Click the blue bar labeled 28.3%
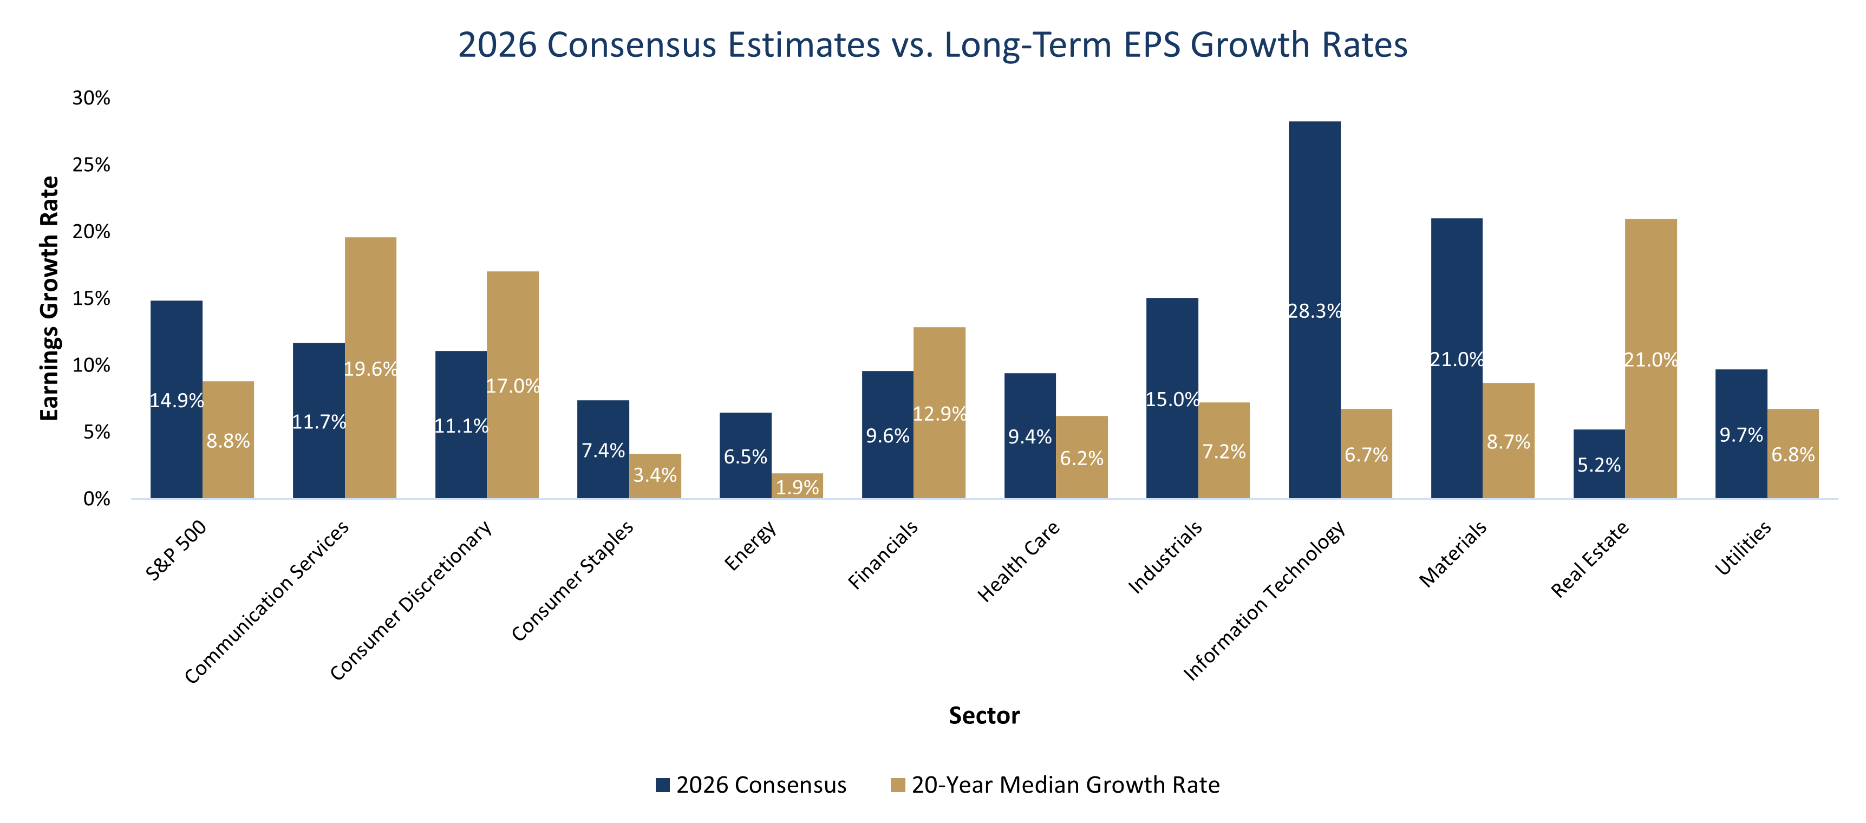pyautogui.click(x=1315, y=217)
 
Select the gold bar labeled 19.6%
pyautogui.click(x=371, y=304)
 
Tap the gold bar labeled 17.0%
pyautogui.click(x=513, y=326)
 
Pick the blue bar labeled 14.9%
pyautogui.click(x=177, y=348)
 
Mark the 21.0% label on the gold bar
pyautogui.click(x=1651, y=360)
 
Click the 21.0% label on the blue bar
pyautogui.click(x=1457, y=360)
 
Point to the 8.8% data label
pyautogui.click(x=228, y=441)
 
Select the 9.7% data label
pyautogui.click(x=1741, y=435)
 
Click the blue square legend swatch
pyautogui.click(x=663, y=785)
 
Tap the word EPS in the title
pyautogui.click(x=1153, y=45)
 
